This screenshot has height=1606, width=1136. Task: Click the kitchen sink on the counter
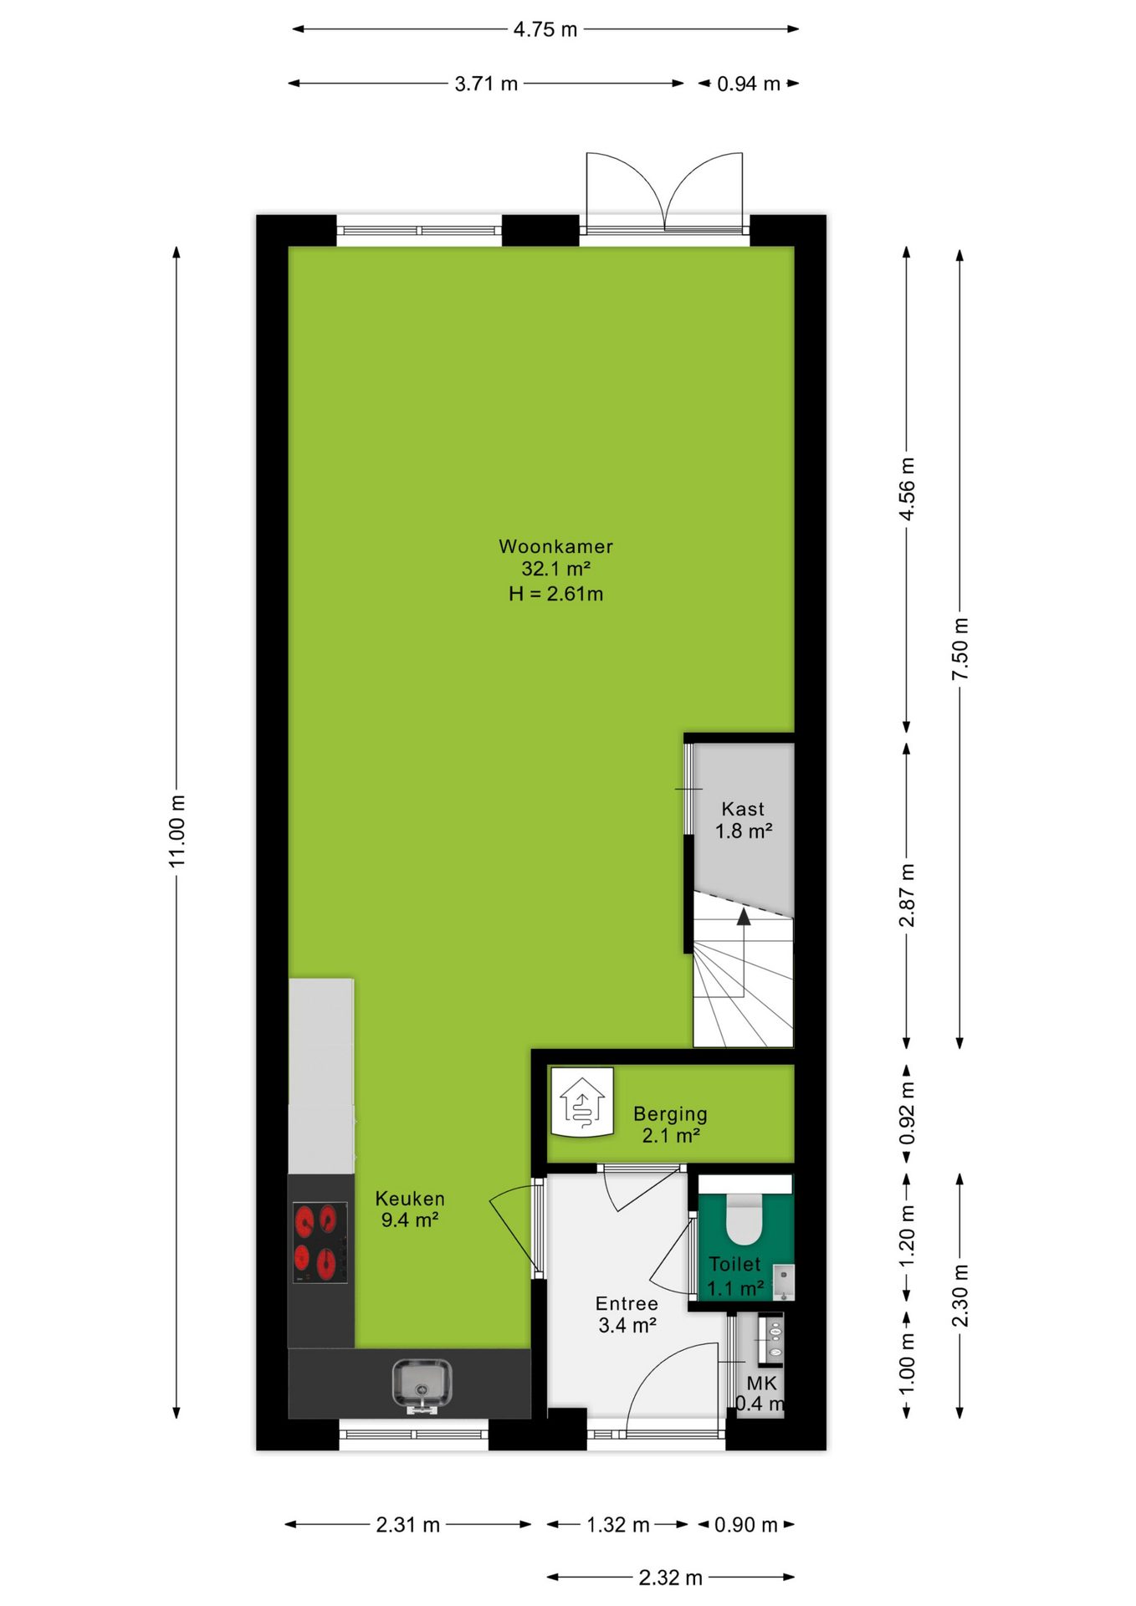click(x=422, y=1385)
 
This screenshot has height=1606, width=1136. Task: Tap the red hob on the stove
click(x=320, y=1241)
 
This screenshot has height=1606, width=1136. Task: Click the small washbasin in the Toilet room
click(x=784, y=1281)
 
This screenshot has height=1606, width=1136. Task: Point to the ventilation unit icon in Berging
click(x=582, y=1102)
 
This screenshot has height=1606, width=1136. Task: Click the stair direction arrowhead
click(x=743, y=917)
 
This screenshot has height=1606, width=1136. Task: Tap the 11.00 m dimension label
click(x=177, y=831)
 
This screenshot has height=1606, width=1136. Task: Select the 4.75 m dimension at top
click(x=545, y=29)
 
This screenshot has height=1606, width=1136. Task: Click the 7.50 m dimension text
click(x=960, y=649)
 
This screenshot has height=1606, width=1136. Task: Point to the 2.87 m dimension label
click(x=907, y=896)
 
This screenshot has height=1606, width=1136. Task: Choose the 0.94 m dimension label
click(x=749, y=84)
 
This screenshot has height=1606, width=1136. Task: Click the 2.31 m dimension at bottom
click(x=407, y=1524)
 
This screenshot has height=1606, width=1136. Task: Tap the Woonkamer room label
click(x=555, y=546)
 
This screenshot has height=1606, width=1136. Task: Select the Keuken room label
click(x=410, y=1198)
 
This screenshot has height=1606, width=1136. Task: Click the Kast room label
click(x=743, y=809)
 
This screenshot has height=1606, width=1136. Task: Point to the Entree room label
click(x=627, y=1303)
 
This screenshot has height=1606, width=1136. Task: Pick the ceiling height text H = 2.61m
click(x=555, y=594)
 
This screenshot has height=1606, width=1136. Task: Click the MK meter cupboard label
click(x=761, y=1384)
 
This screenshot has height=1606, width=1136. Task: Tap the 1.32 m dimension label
click(x=618, y=1524)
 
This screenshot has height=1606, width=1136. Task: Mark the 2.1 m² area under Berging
click(x=671, y=1135)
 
